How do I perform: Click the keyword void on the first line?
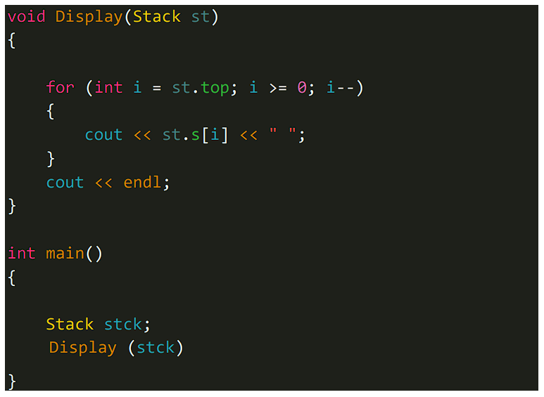[x=27, y=17]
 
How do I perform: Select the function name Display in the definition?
[x=89, y=17]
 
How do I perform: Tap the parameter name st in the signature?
[x=201, y=17]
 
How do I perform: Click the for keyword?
[x=61, y=87]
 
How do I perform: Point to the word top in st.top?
[x=215, y=88]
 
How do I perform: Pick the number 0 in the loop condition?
[x=302, y=88]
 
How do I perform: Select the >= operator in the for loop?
[x=277, y=88]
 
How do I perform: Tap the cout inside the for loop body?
[x=103, y=135]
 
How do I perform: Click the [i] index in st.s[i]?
[x=215, y=135]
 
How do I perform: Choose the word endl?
[x=143, y=183]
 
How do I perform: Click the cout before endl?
[x=65, y=183]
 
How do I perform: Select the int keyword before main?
[x=22, y=253]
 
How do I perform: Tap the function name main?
[x=65, y=253]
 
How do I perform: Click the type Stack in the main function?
[x=70, y=324]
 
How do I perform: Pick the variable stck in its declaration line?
[x=123, y=324]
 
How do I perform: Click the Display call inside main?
[x=83, y=348]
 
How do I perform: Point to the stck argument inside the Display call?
[x=156, y=348]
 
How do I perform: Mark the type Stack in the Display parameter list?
[x=157, y=17]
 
